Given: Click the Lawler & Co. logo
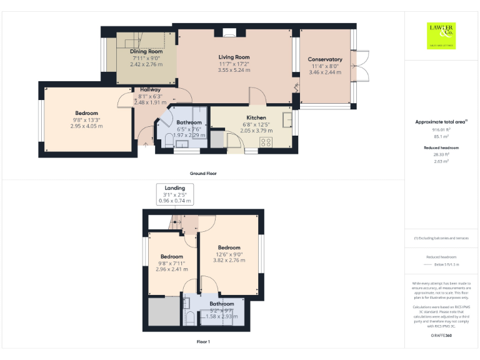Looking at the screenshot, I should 441,35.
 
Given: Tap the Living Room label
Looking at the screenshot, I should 234,57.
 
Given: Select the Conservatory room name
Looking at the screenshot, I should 325,59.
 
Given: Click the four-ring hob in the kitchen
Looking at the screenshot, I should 265,142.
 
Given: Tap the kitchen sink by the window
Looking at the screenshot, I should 287,119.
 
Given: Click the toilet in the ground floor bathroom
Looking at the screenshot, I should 169,141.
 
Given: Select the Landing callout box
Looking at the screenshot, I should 175,194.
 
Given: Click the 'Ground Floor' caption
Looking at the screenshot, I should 203,173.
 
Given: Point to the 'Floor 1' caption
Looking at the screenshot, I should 203,342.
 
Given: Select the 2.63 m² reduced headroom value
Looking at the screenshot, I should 441,161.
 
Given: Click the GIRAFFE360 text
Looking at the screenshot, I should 441,336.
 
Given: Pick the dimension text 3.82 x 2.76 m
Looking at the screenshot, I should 229,260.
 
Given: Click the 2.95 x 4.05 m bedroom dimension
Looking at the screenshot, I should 86,126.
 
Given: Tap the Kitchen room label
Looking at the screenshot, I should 256,117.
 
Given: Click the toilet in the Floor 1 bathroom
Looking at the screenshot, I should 191,317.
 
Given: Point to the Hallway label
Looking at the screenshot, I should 150,89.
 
